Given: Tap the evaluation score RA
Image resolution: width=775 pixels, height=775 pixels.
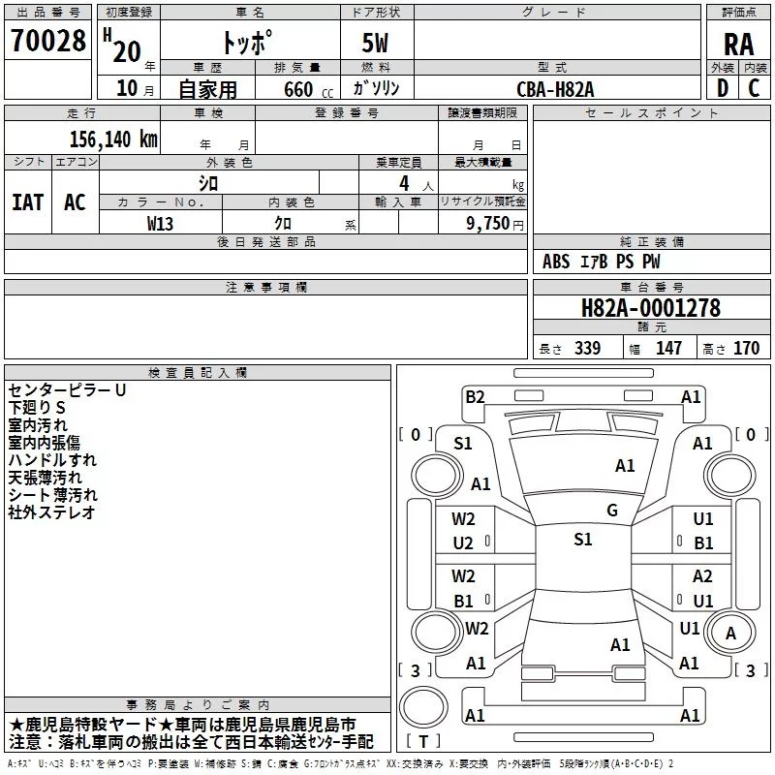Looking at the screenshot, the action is [738, 44].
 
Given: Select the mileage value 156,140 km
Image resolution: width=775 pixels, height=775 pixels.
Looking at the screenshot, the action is [113, 139].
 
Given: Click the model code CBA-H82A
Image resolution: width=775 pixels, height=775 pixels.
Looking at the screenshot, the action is [555, 89].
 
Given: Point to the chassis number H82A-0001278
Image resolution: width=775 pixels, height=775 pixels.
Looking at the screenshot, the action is [651, 308].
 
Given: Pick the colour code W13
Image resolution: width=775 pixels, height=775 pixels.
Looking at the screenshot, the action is [160, 223].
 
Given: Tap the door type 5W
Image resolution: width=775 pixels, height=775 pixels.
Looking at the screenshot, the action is [377, 44].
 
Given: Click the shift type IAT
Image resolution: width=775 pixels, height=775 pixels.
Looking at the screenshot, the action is [27, 201].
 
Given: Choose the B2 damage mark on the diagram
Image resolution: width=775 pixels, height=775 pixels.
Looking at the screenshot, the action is [475, 396].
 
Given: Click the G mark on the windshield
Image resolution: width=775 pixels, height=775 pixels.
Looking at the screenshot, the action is [612, 511].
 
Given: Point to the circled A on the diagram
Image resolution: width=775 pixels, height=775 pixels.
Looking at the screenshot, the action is [731, 634].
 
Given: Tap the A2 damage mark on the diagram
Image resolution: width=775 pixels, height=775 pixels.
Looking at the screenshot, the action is [702, 576].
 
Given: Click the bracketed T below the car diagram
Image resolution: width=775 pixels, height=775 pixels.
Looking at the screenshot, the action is [422, 741].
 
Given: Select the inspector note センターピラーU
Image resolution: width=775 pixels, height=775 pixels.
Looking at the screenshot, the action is [68, 390].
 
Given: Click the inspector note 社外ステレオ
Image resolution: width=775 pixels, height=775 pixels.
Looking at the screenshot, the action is [52, 512].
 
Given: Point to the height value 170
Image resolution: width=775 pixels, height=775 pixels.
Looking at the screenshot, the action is [746, 349].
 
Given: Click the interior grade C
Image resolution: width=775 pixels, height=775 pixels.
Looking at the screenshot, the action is [754, 88].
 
